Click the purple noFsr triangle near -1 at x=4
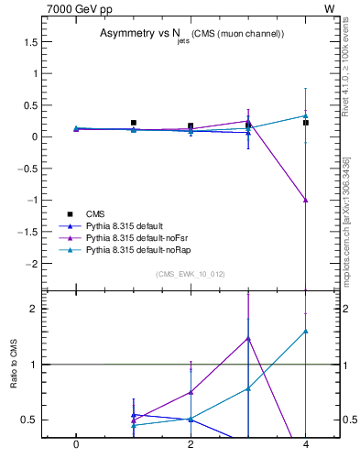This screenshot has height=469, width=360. coord(306,200)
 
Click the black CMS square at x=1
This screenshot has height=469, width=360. coord(134,123)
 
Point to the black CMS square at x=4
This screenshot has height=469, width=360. coord(306,123)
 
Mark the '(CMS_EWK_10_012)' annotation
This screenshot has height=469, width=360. coord(190,274)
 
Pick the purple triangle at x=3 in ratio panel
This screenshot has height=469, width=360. coord(248,338)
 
